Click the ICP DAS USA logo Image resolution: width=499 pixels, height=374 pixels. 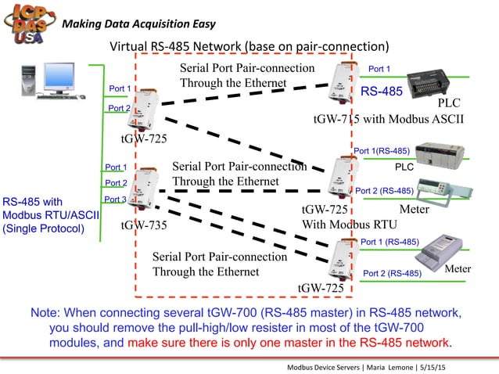point(29,24)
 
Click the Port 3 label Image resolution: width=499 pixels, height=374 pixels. point(116,200)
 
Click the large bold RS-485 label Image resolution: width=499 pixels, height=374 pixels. point(382,92)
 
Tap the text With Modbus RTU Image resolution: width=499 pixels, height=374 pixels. point(350,225)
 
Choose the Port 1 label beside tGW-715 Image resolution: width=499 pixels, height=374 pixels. point(379,69)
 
